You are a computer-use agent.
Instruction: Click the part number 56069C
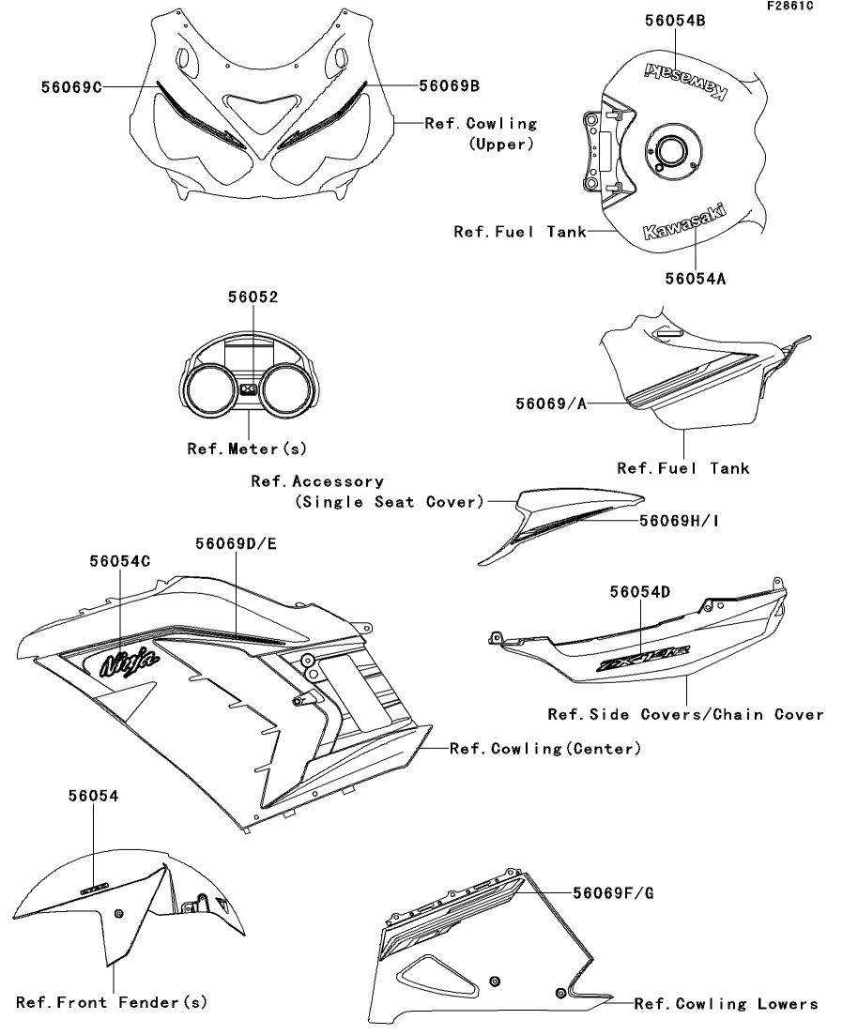coord(70,86)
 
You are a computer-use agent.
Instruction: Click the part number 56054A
coord(696,278)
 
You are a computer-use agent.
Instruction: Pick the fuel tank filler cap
coord(672,150)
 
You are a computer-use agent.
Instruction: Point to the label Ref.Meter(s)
coord(247,449)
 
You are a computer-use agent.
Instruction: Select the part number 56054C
coord(120,560)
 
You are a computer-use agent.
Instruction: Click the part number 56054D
coord(642,591)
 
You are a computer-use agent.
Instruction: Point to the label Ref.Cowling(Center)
coord(545,749)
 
